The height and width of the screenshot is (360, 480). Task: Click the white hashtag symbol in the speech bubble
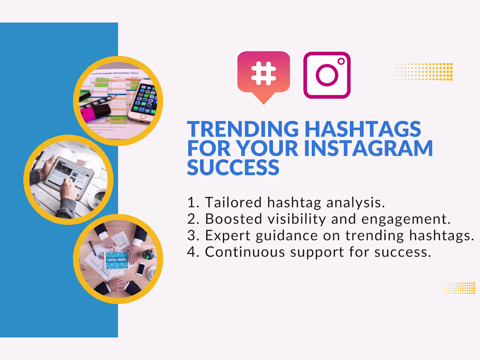coord(264,73)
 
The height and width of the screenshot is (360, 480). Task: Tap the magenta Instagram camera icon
coord(327,75)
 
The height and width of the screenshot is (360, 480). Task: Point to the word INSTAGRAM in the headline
coord(368,148)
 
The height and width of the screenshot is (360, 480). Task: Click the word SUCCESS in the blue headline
coord(233,167)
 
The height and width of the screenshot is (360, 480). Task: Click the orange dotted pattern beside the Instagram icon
coord(422,72)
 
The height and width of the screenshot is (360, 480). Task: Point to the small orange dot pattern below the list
coord(456,288)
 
